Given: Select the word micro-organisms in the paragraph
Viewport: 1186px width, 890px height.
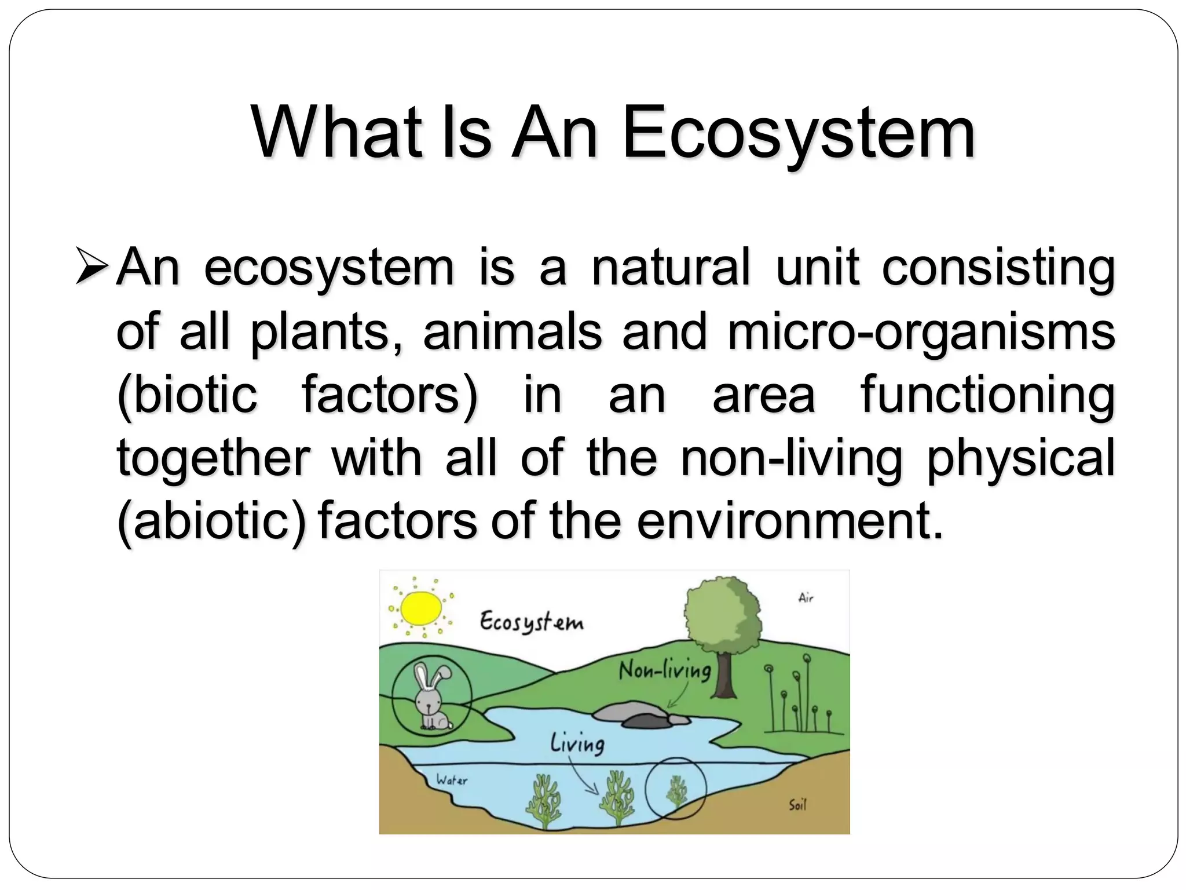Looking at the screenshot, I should coord(921,331).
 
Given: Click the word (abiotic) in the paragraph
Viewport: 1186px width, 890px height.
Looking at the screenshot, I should coord(211,521).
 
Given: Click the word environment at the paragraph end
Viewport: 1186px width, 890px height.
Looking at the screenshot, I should coord(785,521).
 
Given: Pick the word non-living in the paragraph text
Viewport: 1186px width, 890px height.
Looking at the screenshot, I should coord(791,458).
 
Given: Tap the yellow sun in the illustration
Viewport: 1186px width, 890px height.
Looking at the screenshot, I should coord(422,608).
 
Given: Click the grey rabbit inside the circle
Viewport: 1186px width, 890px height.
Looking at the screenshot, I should coord(431,698).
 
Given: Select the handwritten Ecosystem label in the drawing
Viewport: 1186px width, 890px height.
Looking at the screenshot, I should coord(531,622).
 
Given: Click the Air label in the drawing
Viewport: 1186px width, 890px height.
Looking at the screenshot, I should coord(806,598).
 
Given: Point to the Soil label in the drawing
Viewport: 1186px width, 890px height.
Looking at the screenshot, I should coord(797,804).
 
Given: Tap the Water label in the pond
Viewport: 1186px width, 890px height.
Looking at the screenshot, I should coord(452,780).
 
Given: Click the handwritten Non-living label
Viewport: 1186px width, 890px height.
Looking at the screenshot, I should coord(664,670).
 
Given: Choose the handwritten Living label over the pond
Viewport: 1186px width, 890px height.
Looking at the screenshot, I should coord(577,743).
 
